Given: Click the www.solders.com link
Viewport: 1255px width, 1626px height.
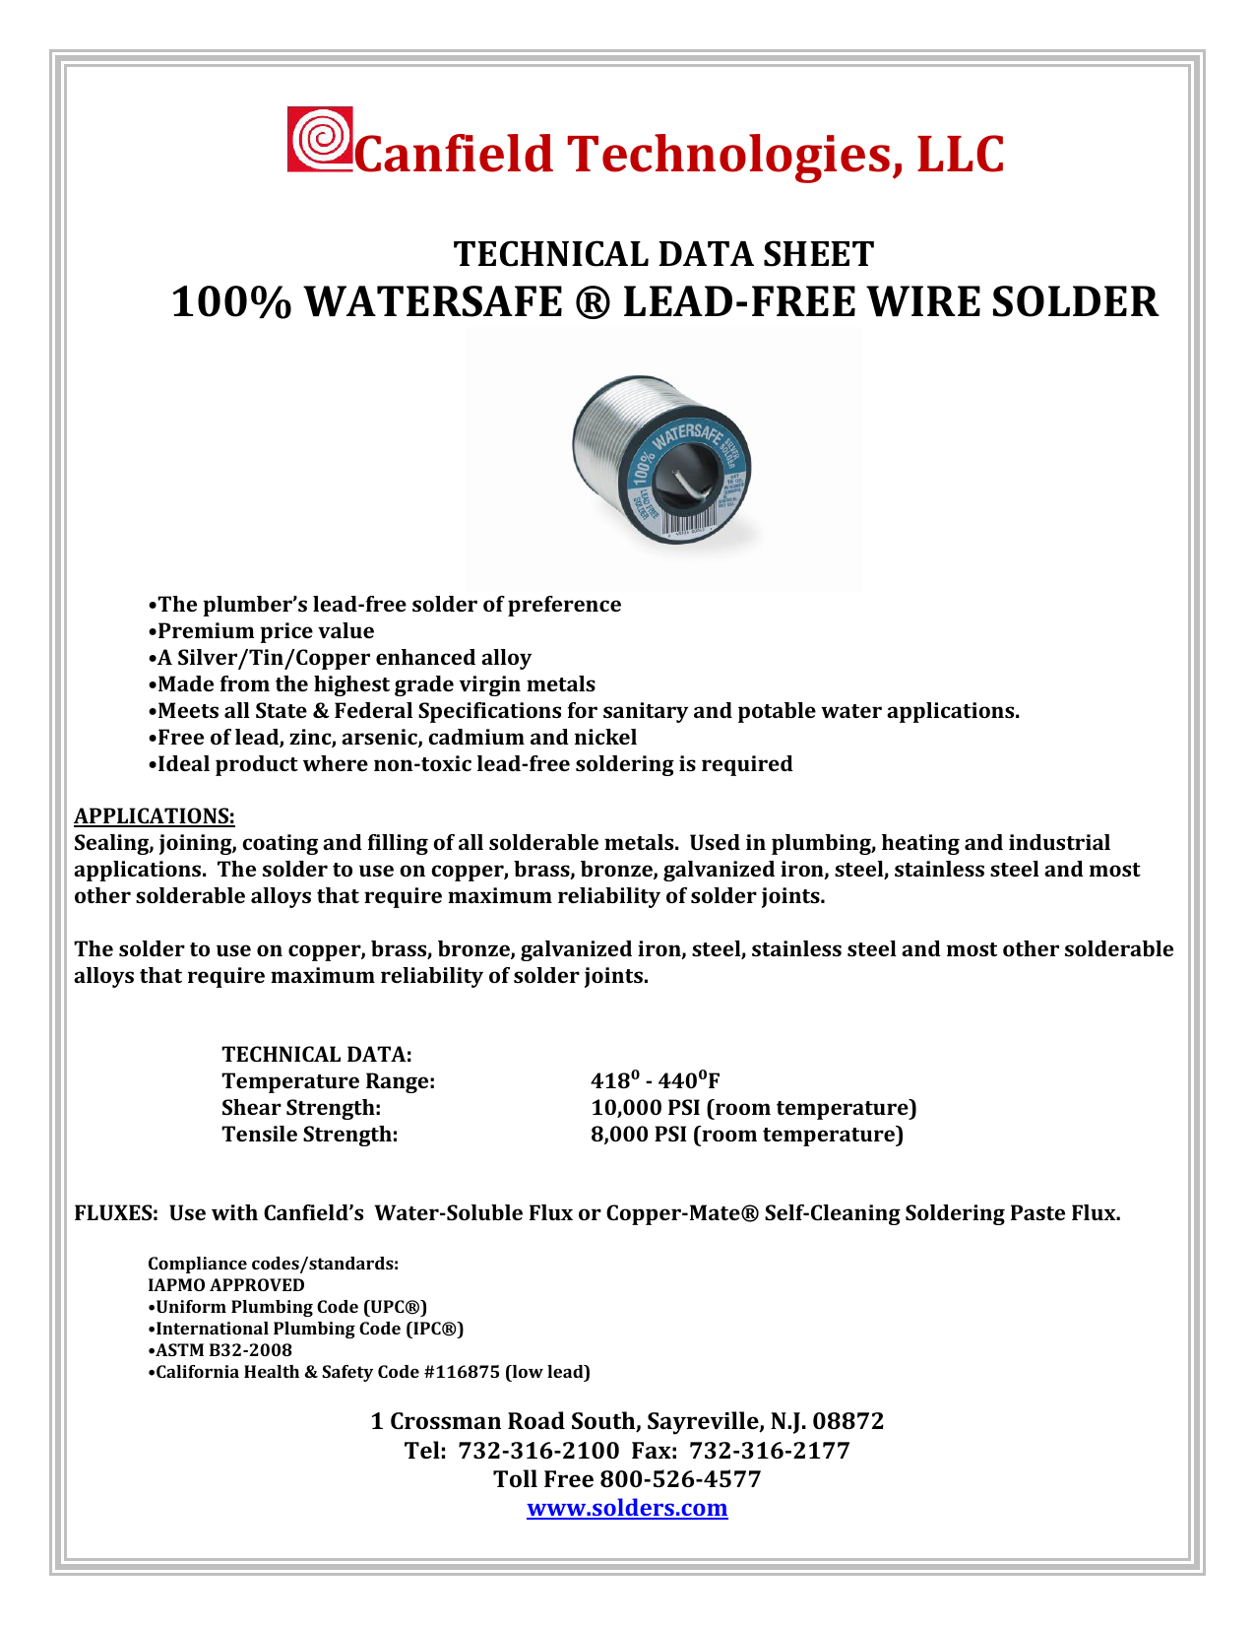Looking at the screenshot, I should (x=627, y=1508).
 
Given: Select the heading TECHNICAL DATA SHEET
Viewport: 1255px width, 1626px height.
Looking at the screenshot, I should (x=662, y=254).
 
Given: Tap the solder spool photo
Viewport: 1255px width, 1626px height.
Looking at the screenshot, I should (x=662, y=459).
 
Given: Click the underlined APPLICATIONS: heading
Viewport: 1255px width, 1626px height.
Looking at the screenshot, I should (x=155, y=816).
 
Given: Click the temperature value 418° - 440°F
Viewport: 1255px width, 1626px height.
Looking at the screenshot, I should (x=656, y=1080).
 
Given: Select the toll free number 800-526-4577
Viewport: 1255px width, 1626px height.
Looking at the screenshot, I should (x=680, y=1479).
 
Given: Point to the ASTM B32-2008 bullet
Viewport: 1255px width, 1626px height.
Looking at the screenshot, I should (x=220, y=1350).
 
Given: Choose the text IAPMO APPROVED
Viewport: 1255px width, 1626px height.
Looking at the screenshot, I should (x=226, y=1285).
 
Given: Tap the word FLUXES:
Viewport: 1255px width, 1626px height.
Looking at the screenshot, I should (x=116, y=1213).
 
